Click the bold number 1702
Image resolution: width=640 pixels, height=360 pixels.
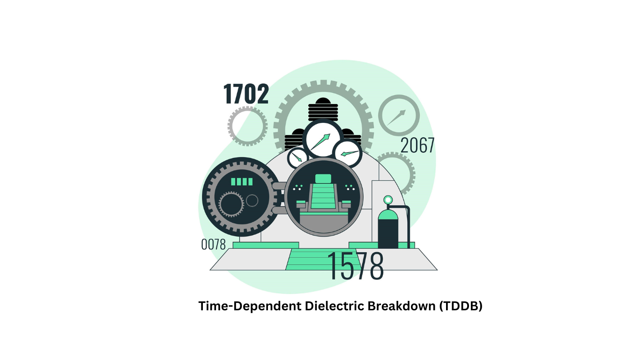246,93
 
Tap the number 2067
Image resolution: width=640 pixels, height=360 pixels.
417,145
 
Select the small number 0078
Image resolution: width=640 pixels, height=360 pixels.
214,245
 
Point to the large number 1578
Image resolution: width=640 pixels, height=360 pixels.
356,266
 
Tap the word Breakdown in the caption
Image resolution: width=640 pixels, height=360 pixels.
402,306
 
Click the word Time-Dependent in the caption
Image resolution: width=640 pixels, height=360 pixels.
250,306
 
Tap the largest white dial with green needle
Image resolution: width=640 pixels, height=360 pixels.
323,139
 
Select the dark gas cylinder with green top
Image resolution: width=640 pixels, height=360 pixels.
388,229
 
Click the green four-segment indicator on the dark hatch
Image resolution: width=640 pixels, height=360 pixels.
242,182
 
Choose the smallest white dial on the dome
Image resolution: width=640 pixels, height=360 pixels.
298,158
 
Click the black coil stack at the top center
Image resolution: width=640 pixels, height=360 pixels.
323,110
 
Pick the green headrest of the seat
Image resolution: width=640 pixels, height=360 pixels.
323,179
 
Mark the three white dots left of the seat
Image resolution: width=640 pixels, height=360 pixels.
298,187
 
